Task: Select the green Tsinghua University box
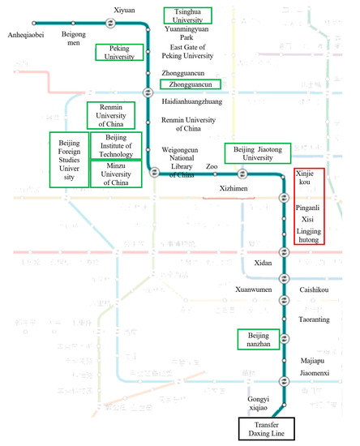pos(187,15)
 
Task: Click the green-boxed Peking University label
pos(119,52)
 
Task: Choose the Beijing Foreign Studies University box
pos(68,159)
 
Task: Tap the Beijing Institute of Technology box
pos(117,146)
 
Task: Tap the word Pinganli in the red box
pos(307,208)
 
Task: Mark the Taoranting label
pos(313,319)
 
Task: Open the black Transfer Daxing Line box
pos(272,427)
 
